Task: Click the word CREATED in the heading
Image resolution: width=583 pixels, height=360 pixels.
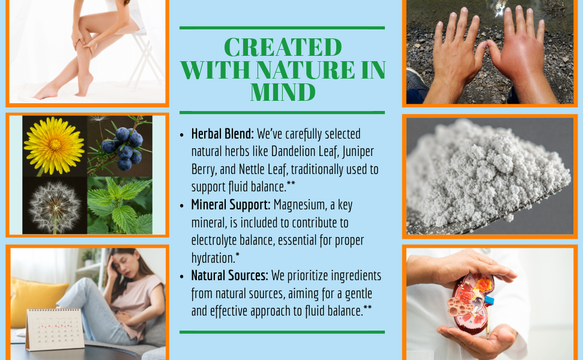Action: (283, 47)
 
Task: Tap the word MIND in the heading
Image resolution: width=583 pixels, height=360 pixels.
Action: (283, 92)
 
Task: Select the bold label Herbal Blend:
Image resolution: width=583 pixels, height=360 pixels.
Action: (222, 134)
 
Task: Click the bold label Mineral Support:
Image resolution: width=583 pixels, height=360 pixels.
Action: (231, 205)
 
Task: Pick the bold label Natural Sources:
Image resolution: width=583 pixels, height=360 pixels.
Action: (229, 275)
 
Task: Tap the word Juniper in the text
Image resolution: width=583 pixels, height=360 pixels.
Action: (358, 152)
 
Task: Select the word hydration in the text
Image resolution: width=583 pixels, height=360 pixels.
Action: (213, 258)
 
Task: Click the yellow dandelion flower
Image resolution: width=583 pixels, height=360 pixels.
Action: (54, 145)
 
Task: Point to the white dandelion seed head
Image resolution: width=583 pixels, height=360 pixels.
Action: (55, 207)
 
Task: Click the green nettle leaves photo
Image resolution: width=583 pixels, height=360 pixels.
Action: (119, 205)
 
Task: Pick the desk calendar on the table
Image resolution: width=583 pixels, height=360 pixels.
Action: (55, 329)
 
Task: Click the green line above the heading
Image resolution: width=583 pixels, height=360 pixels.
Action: (282, 28)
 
